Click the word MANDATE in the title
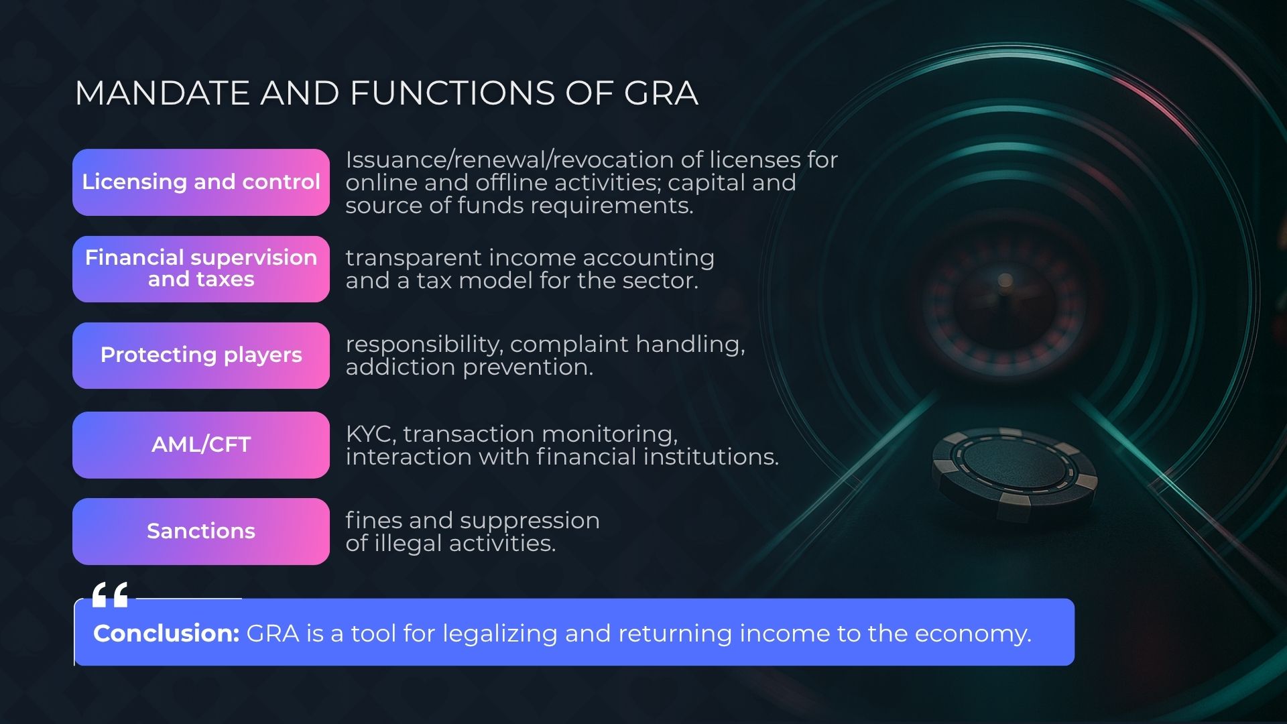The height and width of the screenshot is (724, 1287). tap(162, 93)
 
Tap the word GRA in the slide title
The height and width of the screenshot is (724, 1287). tap(661, 93)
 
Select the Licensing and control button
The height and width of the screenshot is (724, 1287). tap(201, 182)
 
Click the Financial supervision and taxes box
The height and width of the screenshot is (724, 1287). tap(201, 269)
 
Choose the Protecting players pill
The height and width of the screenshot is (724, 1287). tap(201, 355)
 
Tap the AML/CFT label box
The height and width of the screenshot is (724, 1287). tap(201, 445)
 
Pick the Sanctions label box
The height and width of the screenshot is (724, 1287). tap(201, 532)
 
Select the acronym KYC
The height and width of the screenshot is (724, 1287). tap(371, 434)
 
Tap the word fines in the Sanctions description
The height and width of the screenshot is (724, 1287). tap(373, 520)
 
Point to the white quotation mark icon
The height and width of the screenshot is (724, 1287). tap(110, 595)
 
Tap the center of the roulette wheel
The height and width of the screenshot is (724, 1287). tap(1005, 282)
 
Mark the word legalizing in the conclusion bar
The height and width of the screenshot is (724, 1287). tap(500, 634)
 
